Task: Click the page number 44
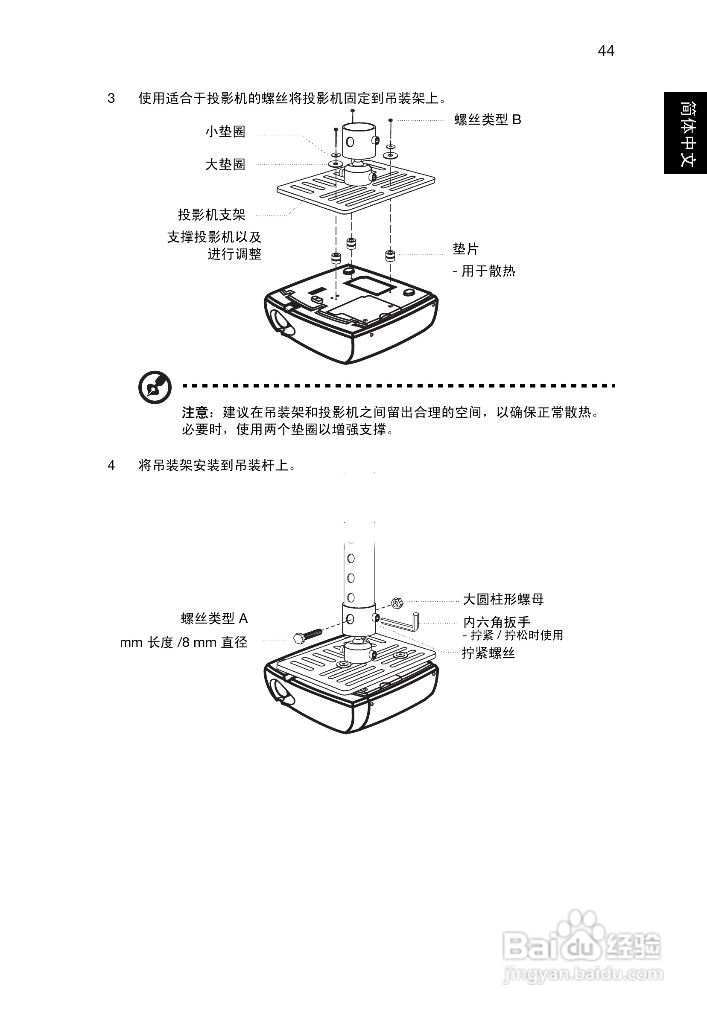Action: pyautogui.click(x=606, y=51)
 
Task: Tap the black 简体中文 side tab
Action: pyautogui.click(x=685, y=133)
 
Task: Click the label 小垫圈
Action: pyautogui.click(x=225, y=131)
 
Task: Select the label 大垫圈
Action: pyautogui.click(x=225, y=164)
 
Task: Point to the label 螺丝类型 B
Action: pyautogui.click(x=488, y=119)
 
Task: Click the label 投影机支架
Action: pyautogui.click(x=212, y=215)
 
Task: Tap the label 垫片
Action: pyautogui.click(x=465, y=249)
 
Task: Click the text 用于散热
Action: pyautogui.click(x=488, y=271)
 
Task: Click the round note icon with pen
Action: pyautogui.click(x=155, y=387)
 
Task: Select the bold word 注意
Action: pyautogui.click(x=194, y=413)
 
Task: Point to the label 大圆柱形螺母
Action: pyautogui.click(x=503, y=599)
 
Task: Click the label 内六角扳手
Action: pyautogui.click(x=496, y=622)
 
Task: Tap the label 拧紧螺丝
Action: pyautogui.click(x=488, y=653)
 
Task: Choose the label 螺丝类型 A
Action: pyautogui.click(x=214, y=618)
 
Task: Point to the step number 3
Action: pyautogui.click(x=111, y=98)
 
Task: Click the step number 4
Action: pyautogui.click(x=111, y=465)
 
